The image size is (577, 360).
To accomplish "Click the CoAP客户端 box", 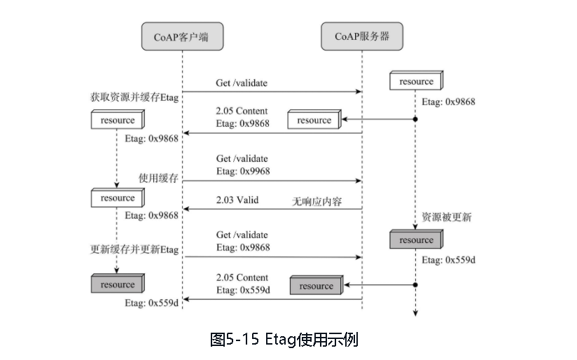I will pyautogui.click(x=182, y=36).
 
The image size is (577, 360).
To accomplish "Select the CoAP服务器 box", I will pyautogui.click(x=361, y=36).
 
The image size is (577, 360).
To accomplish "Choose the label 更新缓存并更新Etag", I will pyautogui.click(x=134, y=249).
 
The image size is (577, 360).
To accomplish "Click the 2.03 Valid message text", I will pyautogui.click(x=237, y=200).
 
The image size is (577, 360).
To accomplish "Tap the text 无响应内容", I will pyautogui.click(x=316, y=201).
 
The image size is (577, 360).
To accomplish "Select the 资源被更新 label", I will pyautogui.click(x=446, y=217).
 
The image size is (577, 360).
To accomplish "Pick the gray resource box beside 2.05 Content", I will pyautogui.click(x=316, y=286).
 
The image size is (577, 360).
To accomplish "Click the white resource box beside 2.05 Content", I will pyautogui.click(x=314, y=120).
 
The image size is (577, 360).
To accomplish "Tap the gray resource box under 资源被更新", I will pyautogui.click(x=416, y=240).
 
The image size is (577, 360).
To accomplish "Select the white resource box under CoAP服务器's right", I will pyautogui.click(x=416, y=82).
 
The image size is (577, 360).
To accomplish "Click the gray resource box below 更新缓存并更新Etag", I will pyautogui.click(x=117, y=285).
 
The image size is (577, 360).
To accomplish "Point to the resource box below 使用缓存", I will pyautogui.click(x=117, y=198).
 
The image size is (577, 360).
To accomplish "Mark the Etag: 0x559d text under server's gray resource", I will pyautogui.click(x=448, y=260).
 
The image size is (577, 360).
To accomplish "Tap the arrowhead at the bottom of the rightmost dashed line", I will pyautogui.click(x=415, y=313).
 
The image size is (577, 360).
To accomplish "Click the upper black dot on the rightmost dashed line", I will pyautogui.click(x=415, y=120).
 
